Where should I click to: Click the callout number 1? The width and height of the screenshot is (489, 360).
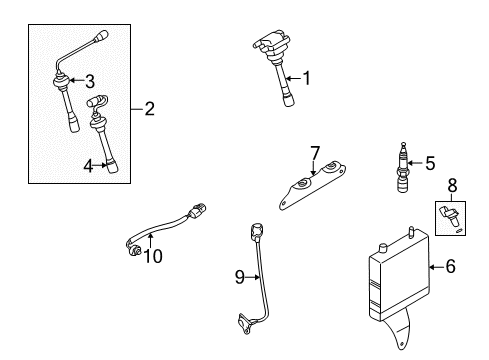308,78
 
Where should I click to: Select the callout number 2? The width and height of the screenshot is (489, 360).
150,108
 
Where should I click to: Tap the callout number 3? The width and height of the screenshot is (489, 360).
89,80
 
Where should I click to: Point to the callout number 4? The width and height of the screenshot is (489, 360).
89,166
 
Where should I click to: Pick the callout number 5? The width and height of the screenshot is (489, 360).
431,162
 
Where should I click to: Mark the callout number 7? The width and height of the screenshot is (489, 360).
314,152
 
